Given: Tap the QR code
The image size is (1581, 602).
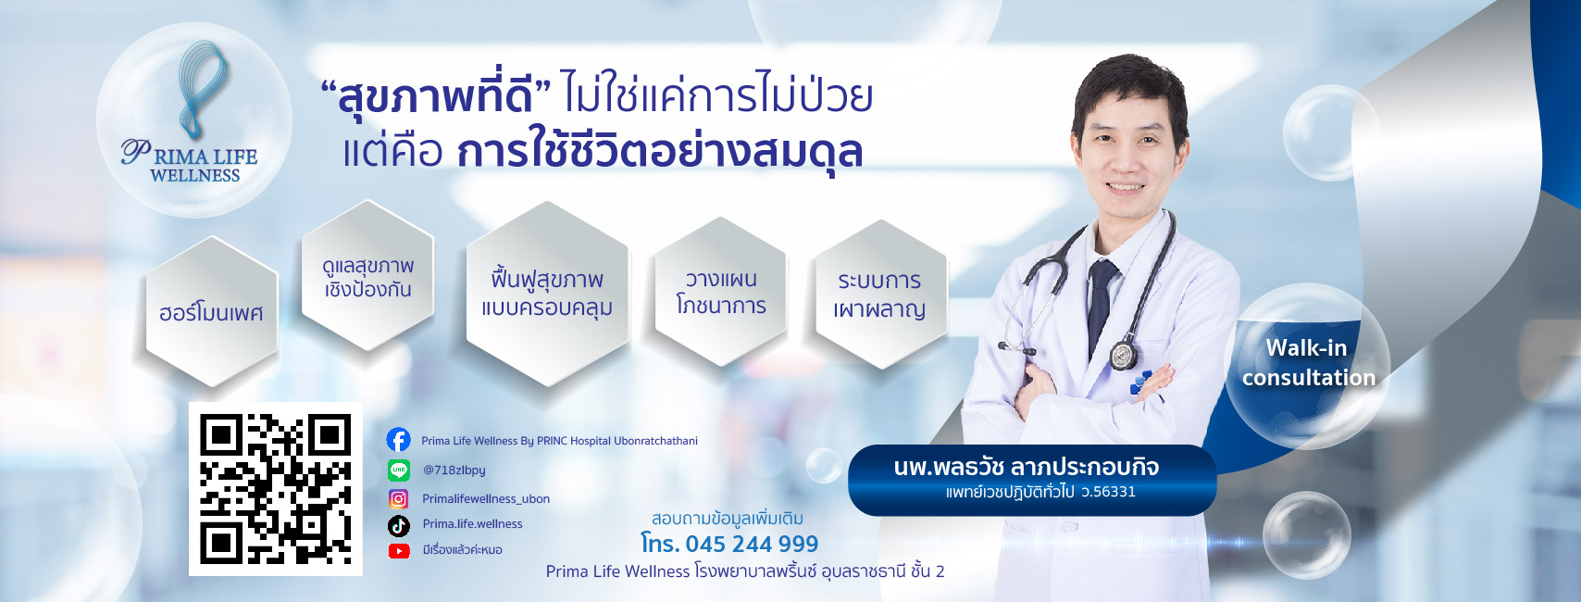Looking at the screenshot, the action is (275, 489).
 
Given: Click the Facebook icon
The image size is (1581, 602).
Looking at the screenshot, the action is (399, 440).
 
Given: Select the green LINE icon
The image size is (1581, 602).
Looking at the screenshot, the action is (399, 470).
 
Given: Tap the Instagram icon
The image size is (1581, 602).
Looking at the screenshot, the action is (399, 499).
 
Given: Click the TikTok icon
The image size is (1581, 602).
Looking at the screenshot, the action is (399, 526).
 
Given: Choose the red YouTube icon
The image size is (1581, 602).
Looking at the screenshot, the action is (399, 551).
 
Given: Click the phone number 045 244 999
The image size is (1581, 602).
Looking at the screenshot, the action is (752, 544).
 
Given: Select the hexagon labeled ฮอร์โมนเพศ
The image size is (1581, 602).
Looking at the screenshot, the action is (212, 311).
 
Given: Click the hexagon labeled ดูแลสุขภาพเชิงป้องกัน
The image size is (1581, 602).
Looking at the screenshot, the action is (367, 276).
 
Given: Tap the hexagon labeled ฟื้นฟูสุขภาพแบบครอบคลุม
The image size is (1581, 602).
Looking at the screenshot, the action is (548, 294).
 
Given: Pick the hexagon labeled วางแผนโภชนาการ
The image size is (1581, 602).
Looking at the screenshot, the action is (721, 291).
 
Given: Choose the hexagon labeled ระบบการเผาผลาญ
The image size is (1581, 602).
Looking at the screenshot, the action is (881, 294).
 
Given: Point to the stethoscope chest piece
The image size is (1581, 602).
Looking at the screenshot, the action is (1122, 356).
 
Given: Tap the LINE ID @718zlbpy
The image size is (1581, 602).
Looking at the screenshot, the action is (454, 470).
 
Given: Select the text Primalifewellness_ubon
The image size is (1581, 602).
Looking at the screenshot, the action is (486, 499).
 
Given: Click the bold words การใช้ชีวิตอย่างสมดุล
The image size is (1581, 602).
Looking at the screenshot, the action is (660, 150).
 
